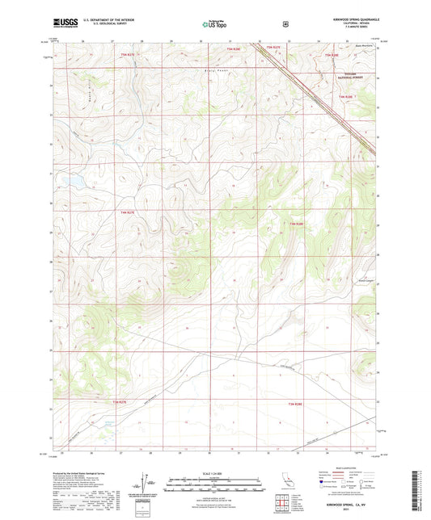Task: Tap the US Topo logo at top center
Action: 215,24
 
